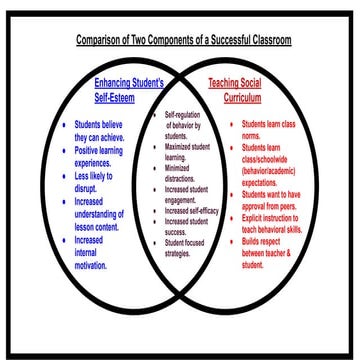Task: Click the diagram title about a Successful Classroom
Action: point(185,41)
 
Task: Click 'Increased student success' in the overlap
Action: point(183,224)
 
